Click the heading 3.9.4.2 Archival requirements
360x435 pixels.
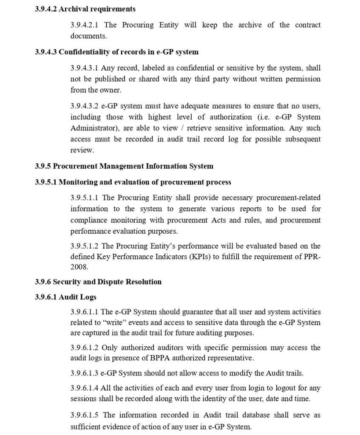85,9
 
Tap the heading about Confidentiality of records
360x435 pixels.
116,52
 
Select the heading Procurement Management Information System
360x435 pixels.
124,166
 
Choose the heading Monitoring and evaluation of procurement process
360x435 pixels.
133,182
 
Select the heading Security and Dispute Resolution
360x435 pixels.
98,282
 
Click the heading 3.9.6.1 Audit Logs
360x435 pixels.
65,297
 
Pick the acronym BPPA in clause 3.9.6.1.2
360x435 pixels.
160,358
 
